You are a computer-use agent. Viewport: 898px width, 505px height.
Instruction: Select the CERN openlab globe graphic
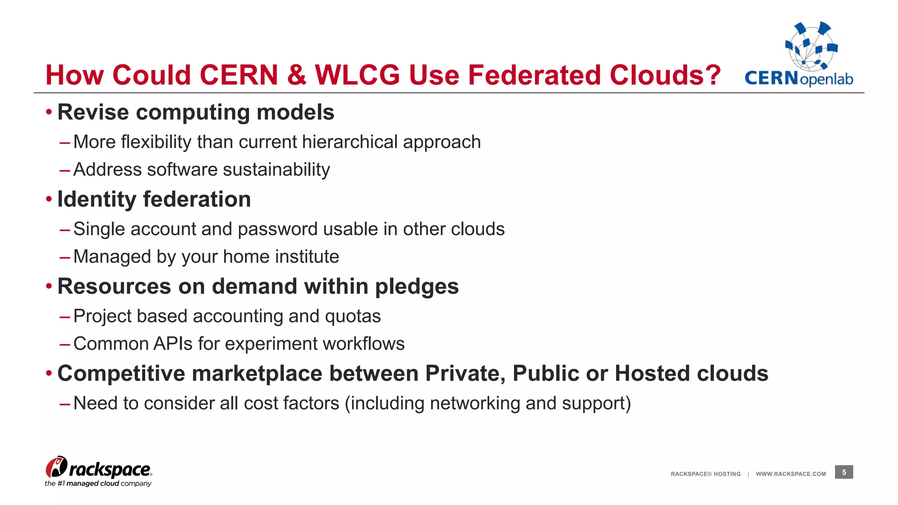(811, 46)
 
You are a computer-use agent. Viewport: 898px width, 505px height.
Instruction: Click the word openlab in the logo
(827, 79)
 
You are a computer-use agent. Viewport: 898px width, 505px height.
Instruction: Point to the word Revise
(93, 112)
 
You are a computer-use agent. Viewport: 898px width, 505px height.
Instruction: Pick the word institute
(307, 256)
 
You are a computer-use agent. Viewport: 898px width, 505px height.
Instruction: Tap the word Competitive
(121, 373)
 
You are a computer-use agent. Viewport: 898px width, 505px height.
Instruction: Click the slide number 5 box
(844, 472)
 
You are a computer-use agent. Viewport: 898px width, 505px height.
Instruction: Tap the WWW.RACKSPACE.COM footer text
(791, 474)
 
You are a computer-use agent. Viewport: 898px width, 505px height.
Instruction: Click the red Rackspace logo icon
(57, 467)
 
